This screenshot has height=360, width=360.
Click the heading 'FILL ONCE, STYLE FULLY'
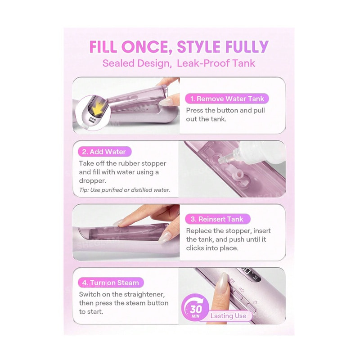tap(179, 47)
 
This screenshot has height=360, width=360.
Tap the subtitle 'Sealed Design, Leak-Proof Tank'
tap(179, 63)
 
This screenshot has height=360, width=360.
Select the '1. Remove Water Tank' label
tap(227, 99)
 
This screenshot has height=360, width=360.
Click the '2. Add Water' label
tap(104, 152)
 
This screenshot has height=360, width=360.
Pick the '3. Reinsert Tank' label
tap(217, 219)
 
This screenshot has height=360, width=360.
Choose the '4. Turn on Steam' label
tap(111, 283)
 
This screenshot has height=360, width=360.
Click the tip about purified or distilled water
tap(125, 190)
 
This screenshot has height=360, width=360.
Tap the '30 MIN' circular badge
tap(195, 308)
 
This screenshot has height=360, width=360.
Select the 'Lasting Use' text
tap(228, 316)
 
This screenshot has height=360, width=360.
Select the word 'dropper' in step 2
tap(93, 181)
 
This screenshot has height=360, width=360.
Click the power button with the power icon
tap(252, 307)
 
